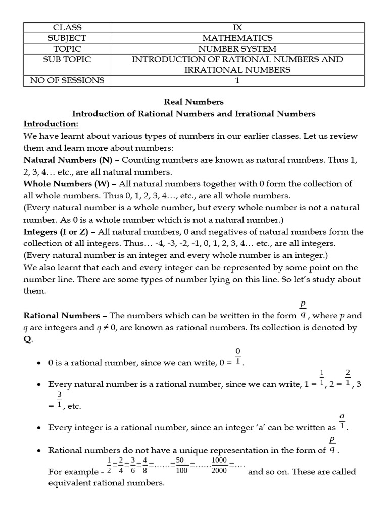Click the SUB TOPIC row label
pyautogui.click(x=70, y=59)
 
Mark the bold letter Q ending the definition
pyautogui.click(x=27, y=340)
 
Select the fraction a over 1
pyautogui.click(x=342, y=421)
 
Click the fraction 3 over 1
pyautogui.click(x=59, y=399)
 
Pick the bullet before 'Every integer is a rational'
pyautogui.click(x=39, y=428)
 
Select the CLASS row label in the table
pyautogui.click(x=70, y=27)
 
